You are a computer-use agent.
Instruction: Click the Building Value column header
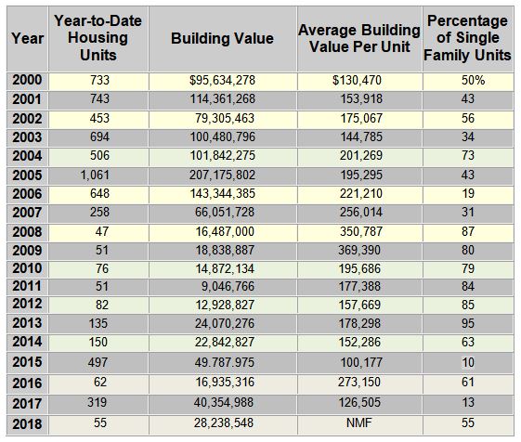[x=222, y=38]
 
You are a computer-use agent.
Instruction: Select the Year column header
[x=27, y=38]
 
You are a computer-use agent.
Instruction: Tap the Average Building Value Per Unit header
[x=359, y=38]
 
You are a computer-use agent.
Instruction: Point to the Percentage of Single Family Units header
[x=467, y=38]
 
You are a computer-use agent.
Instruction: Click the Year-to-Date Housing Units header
[x=98, y=38]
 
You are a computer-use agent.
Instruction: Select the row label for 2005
[x=27, y=175]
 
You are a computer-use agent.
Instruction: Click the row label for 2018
[x=27, y=424]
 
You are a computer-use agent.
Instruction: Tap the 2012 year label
[x=27, y=304]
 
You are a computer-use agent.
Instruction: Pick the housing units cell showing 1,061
[x=95, y=175]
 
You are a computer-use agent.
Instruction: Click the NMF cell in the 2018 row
[x=359, y=423]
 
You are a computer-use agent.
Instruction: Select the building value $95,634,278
[x=222, y=80]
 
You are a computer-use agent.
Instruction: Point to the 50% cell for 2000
[x=473, y=80]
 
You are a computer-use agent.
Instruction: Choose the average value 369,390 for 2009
[x=359, y=250]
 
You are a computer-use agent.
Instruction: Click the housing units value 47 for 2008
[x=101, y=231]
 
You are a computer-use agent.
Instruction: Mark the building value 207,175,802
[x=222, y=175]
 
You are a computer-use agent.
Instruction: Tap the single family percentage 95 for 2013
[x=468, y=323]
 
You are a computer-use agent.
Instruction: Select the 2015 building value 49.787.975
[x=225, y=362]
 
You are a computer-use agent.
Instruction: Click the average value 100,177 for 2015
[x=361, y=362]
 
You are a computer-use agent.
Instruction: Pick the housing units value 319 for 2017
[x=98, y=402]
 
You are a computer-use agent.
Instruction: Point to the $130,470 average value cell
[x=357, y=80]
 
